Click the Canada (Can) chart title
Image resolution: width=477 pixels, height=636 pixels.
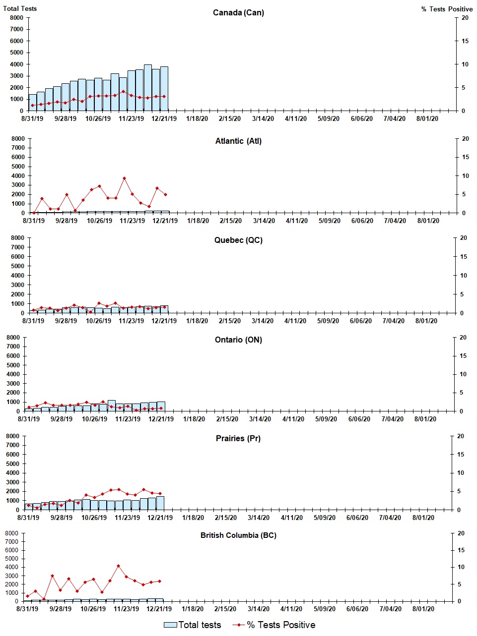click(238, 12)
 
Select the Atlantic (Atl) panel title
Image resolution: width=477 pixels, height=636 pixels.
click(238, 141)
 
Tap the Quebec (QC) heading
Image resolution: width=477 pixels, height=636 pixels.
click(238, 240)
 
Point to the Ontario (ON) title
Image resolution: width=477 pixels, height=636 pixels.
click(238, 340)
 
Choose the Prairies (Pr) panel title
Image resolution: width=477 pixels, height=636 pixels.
click(238, 439)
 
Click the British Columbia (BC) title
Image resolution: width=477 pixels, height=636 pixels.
click(238, 535)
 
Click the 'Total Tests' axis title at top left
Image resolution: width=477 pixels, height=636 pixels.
click(20, 8)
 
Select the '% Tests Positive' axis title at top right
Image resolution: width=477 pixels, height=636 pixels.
click(447, 9)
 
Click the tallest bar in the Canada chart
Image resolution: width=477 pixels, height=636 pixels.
click(148, 87)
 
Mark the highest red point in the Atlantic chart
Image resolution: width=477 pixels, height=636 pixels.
click(124, 178)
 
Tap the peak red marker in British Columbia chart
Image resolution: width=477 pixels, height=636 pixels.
click(118, 566)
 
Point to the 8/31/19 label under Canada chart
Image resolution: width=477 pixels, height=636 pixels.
click(32, 118)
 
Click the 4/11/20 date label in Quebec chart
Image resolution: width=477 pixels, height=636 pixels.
click(295, 321)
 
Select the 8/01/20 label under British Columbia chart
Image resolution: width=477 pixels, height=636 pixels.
click(423, 609)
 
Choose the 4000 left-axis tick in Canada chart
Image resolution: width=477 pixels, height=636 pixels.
click(16, 64)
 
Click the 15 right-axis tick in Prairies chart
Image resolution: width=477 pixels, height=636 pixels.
click(460, 455)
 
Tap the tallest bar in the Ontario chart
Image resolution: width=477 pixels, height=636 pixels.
click(112, 405)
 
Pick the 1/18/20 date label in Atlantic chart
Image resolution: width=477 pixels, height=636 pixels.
click(198, 221)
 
